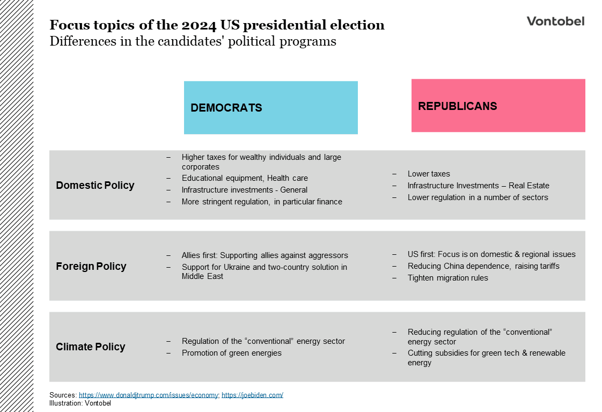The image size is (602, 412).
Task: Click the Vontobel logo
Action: coord(555,21)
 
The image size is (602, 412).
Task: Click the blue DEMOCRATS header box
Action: coord(270,107)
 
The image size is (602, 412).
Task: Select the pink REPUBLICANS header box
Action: coord(498,106)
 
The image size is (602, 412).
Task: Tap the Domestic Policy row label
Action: coord(95,186)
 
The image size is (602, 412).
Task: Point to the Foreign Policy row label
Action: coord(91,267)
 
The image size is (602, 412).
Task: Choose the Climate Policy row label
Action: coord(91,347)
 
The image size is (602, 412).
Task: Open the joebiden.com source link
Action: coord(252,395)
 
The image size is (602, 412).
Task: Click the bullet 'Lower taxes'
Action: coord(429,174)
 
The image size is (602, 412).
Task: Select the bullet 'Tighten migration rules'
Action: coord(447,278)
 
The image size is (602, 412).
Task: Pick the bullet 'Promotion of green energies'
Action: coord(231,353)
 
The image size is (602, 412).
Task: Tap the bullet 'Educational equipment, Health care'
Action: coord(245,178)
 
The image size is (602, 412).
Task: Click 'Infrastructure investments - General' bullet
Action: coord(245,190)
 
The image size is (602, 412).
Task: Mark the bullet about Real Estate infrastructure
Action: coord(478,186)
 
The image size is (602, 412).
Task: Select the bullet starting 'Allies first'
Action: coord(265,255)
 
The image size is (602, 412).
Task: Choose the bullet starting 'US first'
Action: coord(491,254)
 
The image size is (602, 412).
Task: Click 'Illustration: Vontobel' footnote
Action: coord(80,403)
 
